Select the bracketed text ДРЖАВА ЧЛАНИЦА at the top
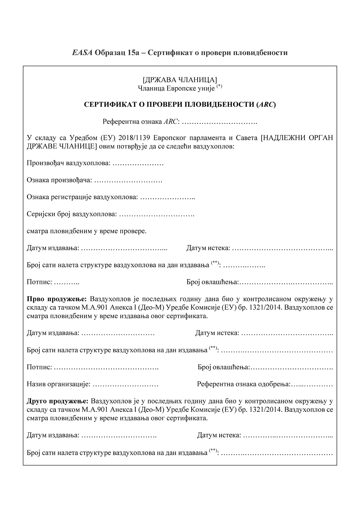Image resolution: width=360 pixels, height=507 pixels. click(x=180, y=80)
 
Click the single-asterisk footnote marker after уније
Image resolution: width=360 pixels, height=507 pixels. click(x=220, y=86)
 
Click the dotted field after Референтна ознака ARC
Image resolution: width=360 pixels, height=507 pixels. click(x=220, y=122)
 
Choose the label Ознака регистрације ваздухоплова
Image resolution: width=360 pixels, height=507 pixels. click(x=82, y=197)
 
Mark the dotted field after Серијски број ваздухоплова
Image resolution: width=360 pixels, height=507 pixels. click(x=156, y=214)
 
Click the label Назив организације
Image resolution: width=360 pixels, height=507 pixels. click(x=58, y=384)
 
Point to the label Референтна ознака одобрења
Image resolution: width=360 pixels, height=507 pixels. click(x=244, y=384)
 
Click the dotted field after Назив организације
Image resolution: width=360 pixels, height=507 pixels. click(x=125, y=384)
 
